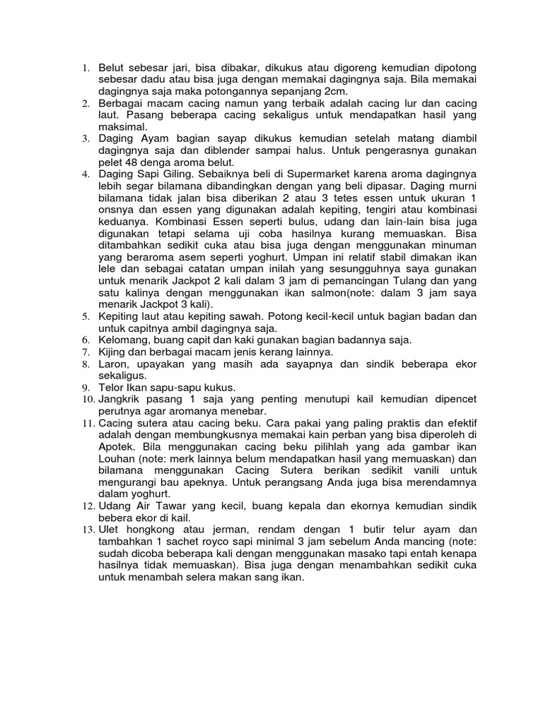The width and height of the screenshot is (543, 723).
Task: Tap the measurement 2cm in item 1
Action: pyautogui.click(x=317, y=92)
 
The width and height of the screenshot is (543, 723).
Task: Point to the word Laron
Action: pyautogui.click(x=111, y=364)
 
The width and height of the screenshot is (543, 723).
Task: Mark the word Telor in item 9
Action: pyautogui.click(x=110, y=388)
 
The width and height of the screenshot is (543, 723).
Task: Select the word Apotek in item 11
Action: pyautogui.click(x=115, y=448)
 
